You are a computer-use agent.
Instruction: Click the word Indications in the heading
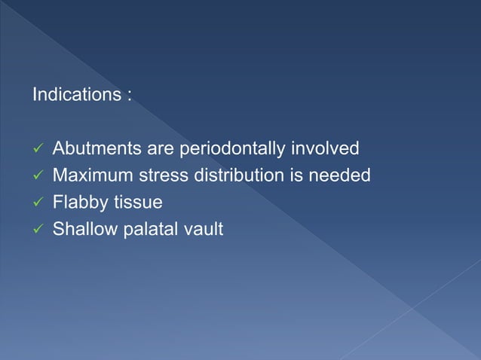point(73,96)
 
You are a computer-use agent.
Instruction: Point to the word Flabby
point(76,203)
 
